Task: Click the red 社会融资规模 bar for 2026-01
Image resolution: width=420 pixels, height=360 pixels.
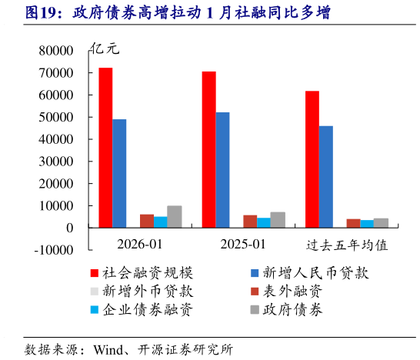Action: click(105, 148)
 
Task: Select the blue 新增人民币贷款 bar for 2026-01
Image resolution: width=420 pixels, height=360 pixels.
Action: click(119, 173)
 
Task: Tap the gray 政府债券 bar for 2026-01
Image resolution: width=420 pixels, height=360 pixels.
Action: click(175, 217)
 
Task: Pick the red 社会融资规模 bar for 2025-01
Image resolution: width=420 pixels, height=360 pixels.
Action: click(208, 149)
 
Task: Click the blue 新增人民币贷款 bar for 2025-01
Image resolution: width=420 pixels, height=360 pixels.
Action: click(222, 170)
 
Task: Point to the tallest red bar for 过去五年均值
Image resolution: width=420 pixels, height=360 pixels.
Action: click(312, 159)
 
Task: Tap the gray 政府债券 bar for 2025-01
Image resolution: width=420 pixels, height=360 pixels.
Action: click(278, 220)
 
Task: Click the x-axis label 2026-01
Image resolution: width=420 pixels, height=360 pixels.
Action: click(139, 245)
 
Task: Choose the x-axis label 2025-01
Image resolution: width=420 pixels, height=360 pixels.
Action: click(242, 245)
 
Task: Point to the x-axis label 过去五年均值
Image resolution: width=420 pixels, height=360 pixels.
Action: click(346, 245)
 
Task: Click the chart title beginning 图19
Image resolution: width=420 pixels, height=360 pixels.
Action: click(168, 13)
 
